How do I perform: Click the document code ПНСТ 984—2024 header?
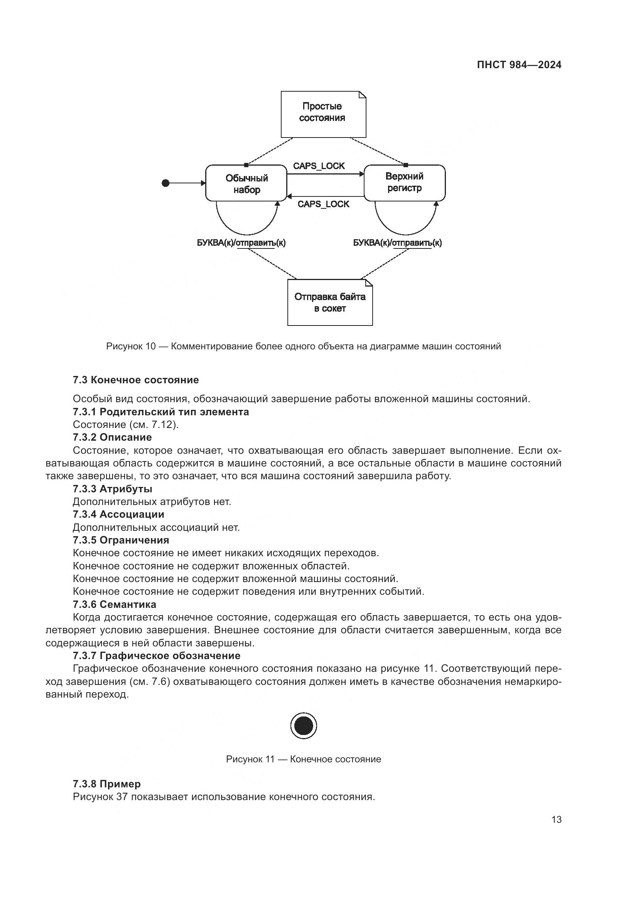coord(519,65)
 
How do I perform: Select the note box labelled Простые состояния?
coord(323,114)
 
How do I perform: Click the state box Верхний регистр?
coord(404,183)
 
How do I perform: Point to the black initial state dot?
coord(166,183)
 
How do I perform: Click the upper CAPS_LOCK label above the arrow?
coord(319,166)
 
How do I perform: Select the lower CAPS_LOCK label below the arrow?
coord(323,204)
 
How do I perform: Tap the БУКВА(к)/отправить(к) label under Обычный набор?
coord(241,243)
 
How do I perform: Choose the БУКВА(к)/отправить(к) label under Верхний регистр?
coord(397,243)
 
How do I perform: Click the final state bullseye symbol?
coord(304,726)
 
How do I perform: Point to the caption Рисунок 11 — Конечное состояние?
coord(303,759)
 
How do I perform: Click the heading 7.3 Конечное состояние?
coord(136,380)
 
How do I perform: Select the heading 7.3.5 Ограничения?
coord(121,540)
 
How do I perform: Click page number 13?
coord(556,819)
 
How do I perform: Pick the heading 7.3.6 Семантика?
coord(115,604)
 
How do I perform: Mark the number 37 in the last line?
coord(122,797)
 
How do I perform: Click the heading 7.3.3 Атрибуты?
coord(112,489)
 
